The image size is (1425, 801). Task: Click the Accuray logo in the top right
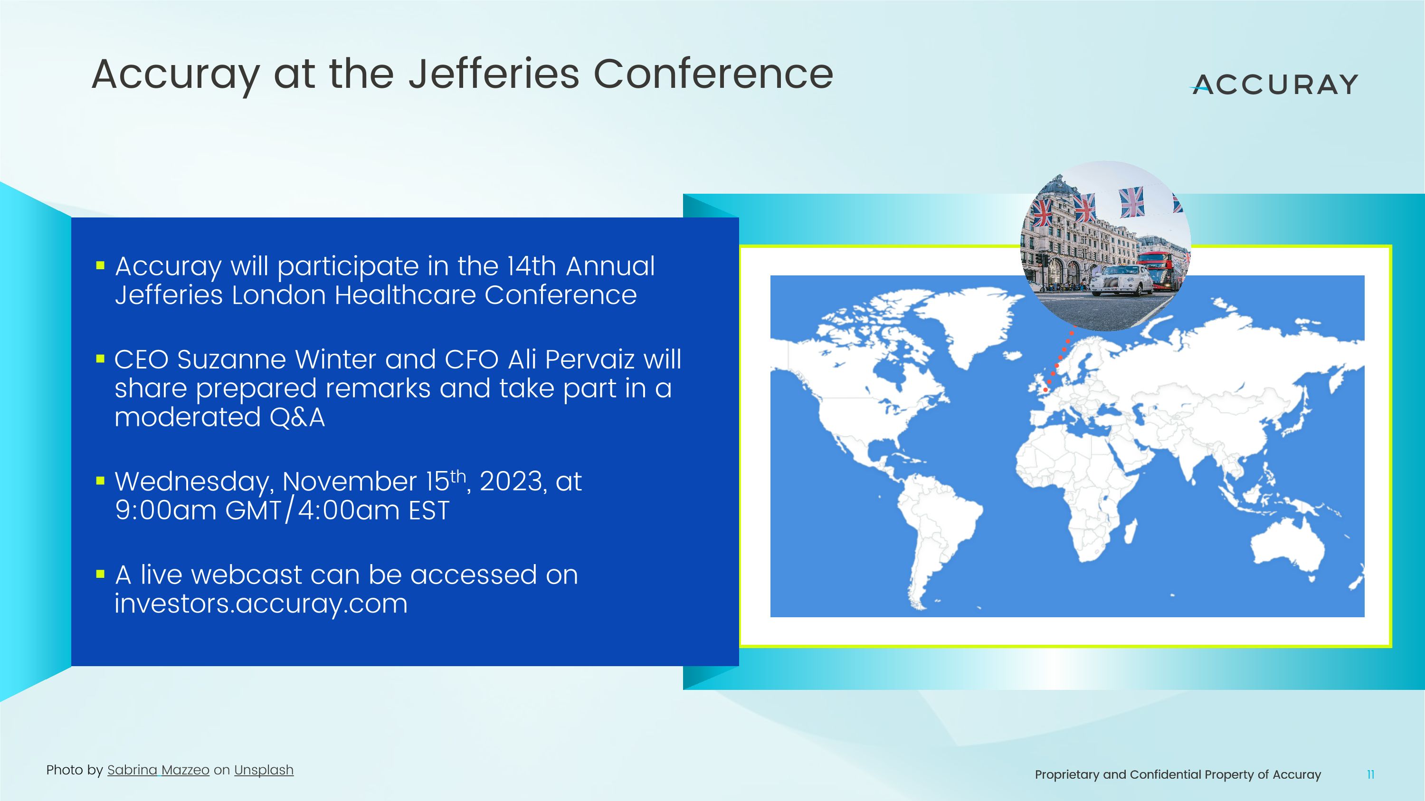(x=1274, y=84)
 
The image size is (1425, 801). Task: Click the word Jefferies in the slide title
(x=494, y=74)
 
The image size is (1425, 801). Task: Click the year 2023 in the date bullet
(x=510, y=481)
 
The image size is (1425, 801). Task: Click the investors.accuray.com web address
(x=261, y=603)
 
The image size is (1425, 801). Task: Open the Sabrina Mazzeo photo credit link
(x=158, y=770)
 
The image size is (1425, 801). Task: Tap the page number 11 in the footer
(x=1370, y=774)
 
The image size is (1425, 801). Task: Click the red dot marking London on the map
(x=1045, y=390)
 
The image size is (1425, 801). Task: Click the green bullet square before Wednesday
(x=100, y=481)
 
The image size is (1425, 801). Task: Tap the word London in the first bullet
(x=278, y=295)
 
